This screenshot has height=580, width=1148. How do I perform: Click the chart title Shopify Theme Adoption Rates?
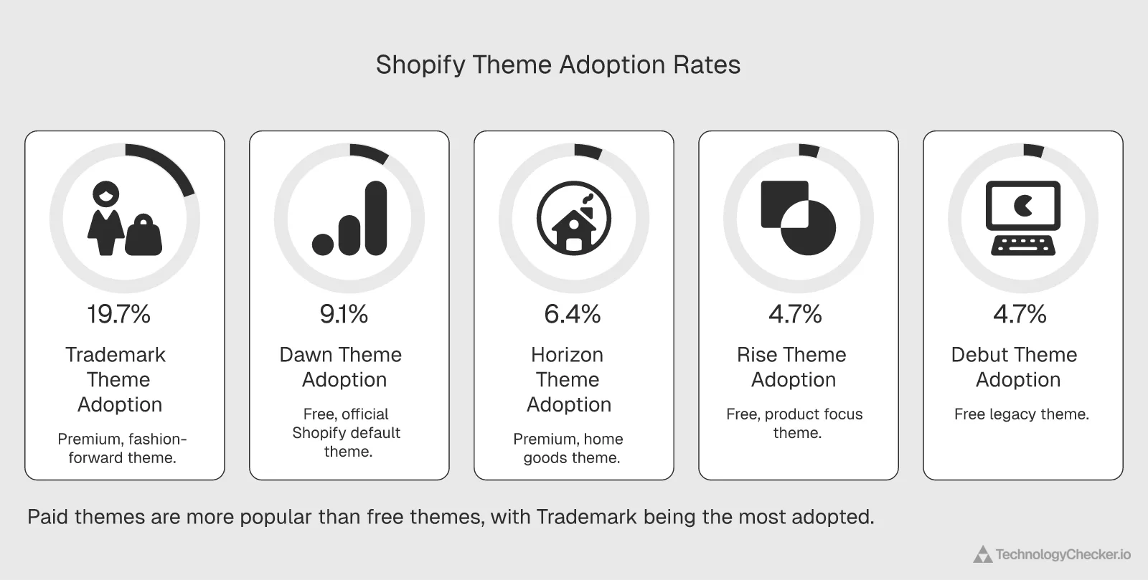[557, 65]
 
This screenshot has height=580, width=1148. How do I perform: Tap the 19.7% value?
[118, 314]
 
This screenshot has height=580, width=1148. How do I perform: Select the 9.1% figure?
[344, 314]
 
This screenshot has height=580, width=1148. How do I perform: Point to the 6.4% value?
[572, 314]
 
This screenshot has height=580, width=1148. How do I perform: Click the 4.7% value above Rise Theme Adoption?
[795, 314]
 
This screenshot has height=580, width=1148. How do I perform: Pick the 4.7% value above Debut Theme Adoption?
[1020, 314]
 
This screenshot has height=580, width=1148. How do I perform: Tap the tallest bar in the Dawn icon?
[376, 218]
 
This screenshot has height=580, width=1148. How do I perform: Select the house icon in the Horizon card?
[574, 218]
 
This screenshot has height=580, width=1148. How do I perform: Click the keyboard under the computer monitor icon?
[1023, 244]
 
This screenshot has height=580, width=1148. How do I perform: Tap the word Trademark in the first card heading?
[115, 355]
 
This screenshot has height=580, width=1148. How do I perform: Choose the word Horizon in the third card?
[567, 355]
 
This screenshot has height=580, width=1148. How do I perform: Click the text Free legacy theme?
[1021, 414]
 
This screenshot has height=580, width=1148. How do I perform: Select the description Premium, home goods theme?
[569, 448]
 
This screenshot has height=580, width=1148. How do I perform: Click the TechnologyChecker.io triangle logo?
[982, 554]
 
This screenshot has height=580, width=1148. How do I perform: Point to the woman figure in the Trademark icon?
[106, 219]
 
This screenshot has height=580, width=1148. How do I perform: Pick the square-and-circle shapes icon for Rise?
[798, 217]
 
